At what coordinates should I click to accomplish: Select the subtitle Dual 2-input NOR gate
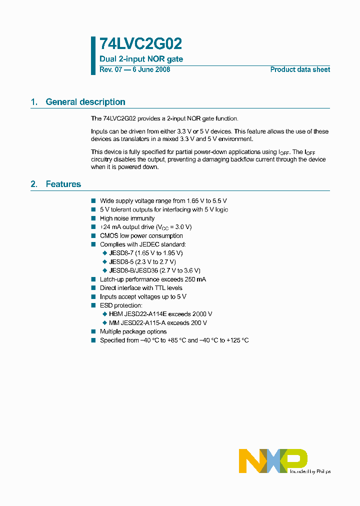tap(141, 59)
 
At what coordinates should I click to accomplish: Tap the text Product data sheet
tap(300, 69)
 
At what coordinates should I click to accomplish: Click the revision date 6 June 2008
tap(151, 69)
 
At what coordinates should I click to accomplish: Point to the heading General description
tap(85, 102)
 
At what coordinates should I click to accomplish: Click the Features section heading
tap(63, 184)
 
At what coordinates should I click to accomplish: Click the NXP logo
tap(273, 460)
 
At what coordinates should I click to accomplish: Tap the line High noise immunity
tap(127, 218)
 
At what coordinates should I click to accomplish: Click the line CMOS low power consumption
tap(141, 235)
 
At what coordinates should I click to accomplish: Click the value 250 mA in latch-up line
tap(195, 279)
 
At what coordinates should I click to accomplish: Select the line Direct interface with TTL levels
tap(141, 288)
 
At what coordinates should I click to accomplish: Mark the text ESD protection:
tap(121, 305)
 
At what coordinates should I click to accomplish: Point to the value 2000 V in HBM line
tap(202, 314)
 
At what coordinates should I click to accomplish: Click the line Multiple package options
tap(133, 331)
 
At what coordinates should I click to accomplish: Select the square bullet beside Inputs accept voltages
tap(93, 297)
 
